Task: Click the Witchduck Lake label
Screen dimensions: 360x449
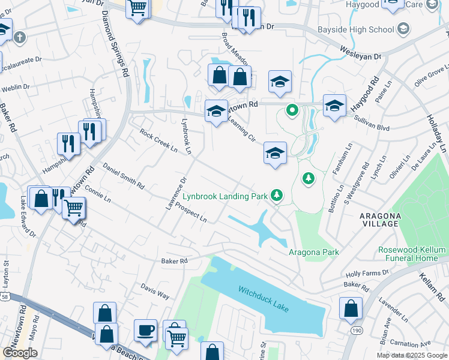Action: pyautogui.click(x=264, y=298)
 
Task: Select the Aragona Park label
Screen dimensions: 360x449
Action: pyautogui.click(x=314, y=252)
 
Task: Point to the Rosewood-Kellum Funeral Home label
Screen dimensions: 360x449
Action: pyautogui.click(x=412, y=254)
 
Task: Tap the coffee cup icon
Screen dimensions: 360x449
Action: pyautogui.click(x=145, y=331)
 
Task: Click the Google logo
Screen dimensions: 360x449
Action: pyautogui.click(x=20, y=353)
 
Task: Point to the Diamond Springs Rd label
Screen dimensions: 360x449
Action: pyautogui.click(x=115, y=43)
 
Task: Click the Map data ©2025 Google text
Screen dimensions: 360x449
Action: pyautogui.click(x=412, y=355)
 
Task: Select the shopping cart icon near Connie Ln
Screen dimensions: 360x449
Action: pyautogui.click(x=73, y=208)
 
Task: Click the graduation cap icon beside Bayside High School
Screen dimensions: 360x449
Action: pyautogui.click(x=403, y=28)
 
